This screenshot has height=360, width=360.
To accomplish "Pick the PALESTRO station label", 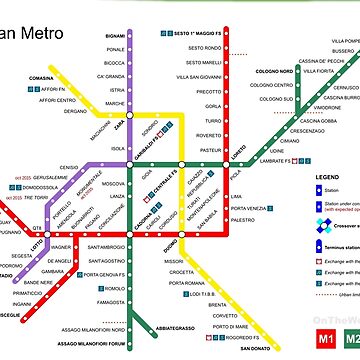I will [240, 218].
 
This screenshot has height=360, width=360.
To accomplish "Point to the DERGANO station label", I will [75, 112].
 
